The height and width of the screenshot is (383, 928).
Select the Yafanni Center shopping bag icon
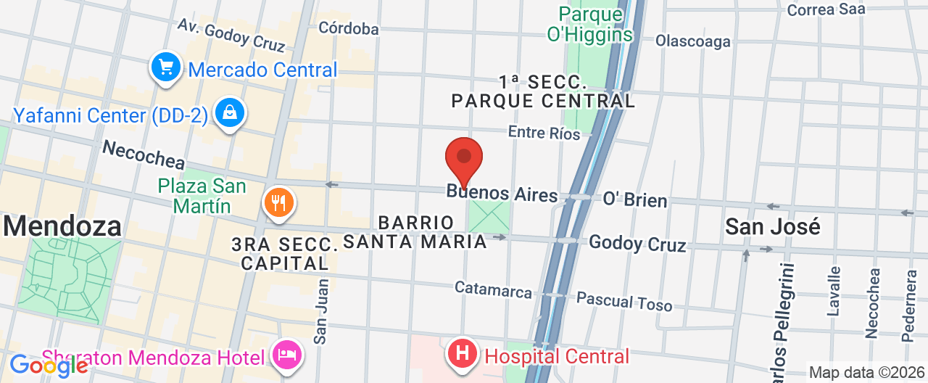230,113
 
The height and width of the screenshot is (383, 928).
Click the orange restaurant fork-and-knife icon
278,202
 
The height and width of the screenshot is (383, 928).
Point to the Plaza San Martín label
202,196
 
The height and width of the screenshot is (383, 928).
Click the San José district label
773,226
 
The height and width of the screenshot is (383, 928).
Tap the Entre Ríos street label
544,133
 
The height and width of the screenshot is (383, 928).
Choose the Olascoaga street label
692,41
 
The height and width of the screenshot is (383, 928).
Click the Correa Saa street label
826,9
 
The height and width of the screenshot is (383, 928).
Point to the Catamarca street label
493,289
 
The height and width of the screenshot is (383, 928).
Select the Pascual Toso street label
624,300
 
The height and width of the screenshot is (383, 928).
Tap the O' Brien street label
635,199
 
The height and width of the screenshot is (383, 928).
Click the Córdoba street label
349,28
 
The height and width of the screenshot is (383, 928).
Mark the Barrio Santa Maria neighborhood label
415,232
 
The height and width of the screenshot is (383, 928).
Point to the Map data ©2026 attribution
867,373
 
